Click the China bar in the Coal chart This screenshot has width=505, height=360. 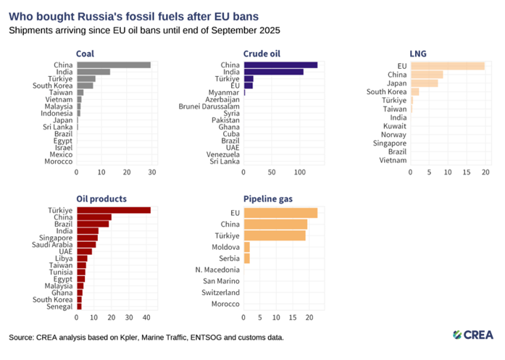tap(114, 64)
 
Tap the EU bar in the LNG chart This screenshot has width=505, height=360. tap(447, 66)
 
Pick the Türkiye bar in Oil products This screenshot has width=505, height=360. tap(114, 210)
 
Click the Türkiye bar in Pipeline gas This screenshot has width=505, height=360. tap(275, 235)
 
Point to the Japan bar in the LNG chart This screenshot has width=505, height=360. tap(424, 83)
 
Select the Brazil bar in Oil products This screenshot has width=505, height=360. tap(93, 224)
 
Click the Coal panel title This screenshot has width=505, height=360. tap(85, 53)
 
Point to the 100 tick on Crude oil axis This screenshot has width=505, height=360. tap(300, 172)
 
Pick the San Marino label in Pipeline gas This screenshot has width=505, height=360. tap(222, 280)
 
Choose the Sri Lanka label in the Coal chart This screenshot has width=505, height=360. tap(57, 127)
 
